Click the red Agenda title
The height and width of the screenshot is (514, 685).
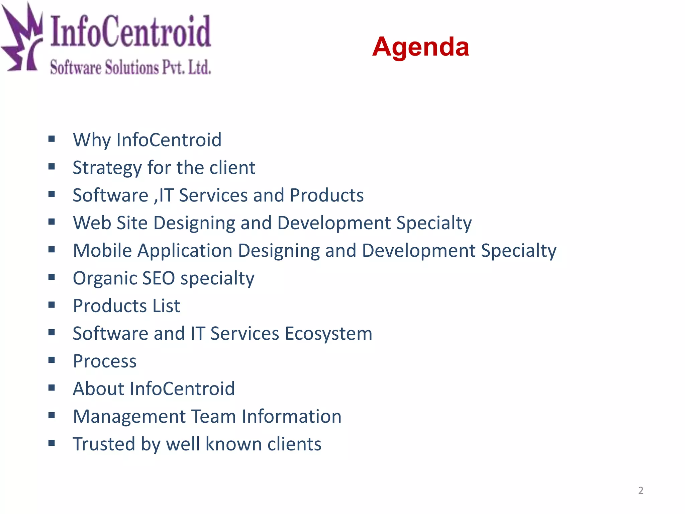click(x=420, y=47)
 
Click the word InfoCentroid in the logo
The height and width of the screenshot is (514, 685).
click(x=130, y=32)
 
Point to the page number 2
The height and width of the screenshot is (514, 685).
click(x=641, y=491)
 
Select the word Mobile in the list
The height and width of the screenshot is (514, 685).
click(x=102, y=251)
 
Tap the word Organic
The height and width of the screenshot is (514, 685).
click(x=105, y=278)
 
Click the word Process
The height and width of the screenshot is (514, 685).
click(x=105, y=361)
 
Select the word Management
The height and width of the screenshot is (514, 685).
click(x=129, y=417)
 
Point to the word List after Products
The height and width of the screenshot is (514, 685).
click(x=166, y=306)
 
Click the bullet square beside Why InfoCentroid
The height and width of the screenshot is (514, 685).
click(x=52, y=139)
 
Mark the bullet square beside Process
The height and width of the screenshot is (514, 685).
click(x=52, y=360)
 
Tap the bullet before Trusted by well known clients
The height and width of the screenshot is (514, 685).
click(x=52, y=443)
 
